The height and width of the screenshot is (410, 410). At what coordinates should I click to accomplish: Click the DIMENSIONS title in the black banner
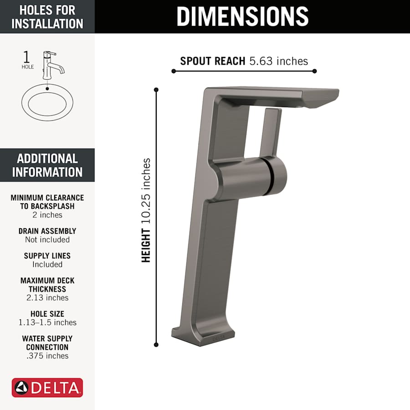click(242, 16)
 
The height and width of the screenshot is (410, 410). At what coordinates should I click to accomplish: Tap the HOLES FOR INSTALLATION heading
click(47, 16)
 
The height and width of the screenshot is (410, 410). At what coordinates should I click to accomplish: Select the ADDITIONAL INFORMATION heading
click(47, 165)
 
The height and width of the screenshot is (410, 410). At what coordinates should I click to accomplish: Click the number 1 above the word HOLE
click(27, 57)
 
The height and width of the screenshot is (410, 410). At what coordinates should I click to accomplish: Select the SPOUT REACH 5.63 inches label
click(244, 61)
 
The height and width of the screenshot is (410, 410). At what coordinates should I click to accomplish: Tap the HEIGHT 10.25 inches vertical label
click(146, 210)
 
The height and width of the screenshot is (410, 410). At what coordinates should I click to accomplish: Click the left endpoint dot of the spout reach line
click(174, 71)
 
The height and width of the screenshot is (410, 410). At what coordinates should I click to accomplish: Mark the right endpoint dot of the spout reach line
click(315, 71)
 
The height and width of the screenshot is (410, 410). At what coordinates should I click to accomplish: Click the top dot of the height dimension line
click(156, 90)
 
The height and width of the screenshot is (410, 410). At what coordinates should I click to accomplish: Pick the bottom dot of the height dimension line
click(156, 345)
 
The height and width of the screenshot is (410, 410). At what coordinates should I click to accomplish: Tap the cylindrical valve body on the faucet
click(251, 178)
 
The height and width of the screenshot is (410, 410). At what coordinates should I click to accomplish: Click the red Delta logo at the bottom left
click(47, 388)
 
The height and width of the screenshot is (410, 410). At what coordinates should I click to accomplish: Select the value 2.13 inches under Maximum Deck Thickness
click(47, 297)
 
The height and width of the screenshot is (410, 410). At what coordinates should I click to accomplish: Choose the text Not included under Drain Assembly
click(47, 240)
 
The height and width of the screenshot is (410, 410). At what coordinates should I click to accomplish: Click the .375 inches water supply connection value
click(47, 356)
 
